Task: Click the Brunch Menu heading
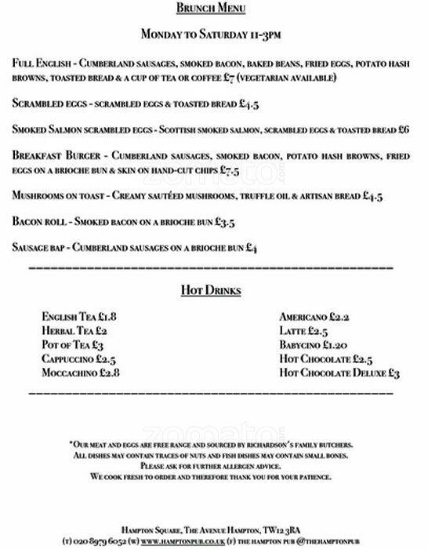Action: pos(213,9)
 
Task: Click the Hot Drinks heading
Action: pos(210,291)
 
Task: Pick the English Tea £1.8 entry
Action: pos(80,317)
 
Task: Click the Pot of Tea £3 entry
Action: pos(74,345)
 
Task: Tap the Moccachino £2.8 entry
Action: pos(81,373)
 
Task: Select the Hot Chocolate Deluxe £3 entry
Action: pos(339,373)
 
